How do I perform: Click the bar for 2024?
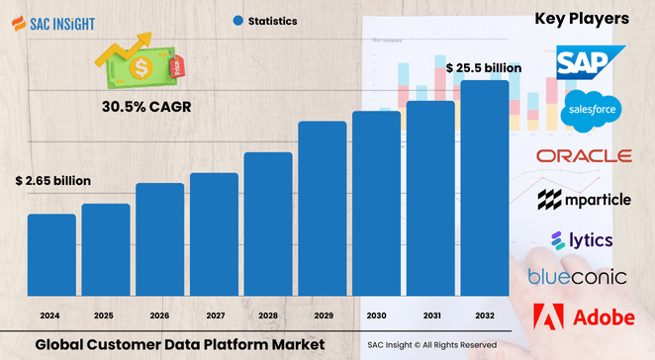pos(51,253)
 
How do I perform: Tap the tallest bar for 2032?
pos(485,187)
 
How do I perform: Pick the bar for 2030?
pos(376,202)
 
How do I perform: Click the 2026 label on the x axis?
pos(159,315)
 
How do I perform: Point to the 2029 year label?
pos(322,315)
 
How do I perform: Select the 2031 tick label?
pos(430,315)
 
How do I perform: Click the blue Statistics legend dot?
pos(237,20)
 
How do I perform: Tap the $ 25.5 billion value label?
pos(483,68)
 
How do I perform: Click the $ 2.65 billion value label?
pos(53,181)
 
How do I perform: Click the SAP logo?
pos(590,63)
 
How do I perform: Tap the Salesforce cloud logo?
pos(590,111)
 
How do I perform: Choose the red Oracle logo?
pos(584,156)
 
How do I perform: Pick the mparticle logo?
pos(584,201)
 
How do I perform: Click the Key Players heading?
pos(582,19)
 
